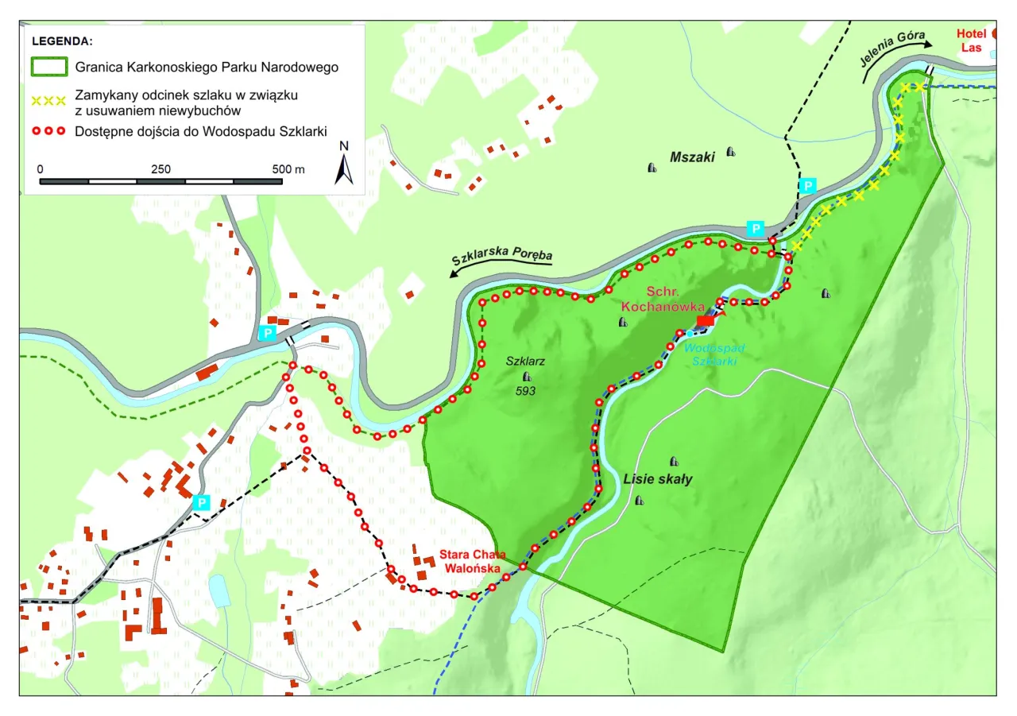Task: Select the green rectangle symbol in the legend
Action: click(x=48, y=68)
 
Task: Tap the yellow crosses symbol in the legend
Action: click(x=48, y=102)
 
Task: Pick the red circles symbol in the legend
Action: click(x=48, y=131)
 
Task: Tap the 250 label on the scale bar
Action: click(x=160, y=169)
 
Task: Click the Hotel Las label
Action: click(x=971, y=41)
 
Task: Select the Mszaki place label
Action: click(x=692, y=157)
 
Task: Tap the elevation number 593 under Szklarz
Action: click(x=525, y=391)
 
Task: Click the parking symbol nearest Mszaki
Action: click(x=807, y=185)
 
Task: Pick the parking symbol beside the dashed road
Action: click(x=202, y=502)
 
